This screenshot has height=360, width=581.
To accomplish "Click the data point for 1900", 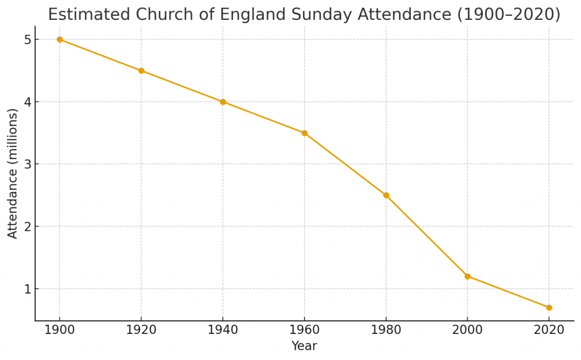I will click(60, 40).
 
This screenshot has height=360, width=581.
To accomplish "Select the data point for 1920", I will click(141, 71).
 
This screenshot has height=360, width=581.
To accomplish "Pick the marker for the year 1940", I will click(223, 102).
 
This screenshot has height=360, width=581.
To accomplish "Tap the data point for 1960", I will click(305, 133).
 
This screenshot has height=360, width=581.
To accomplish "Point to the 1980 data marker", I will click(386, 195).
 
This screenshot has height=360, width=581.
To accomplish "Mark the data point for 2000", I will click(468, 276).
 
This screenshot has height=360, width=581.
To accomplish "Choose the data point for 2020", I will click(549, 307).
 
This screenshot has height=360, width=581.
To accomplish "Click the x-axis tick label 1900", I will click(60, 330).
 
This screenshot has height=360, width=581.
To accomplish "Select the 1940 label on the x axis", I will click(223, 330).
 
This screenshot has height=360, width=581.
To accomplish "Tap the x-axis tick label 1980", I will click(386, 330).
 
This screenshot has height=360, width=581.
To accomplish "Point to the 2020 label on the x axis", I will click(549, 330).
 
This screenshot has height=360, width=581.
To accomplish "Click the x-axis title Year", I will click(304, 346).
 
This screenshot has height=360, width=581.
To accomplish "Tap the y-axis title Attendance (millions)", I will click(13, 173).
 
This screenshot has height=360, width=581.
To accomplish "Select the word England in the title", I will click(249, 15).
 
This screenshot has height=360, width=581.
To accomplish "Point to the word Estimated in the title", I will click(82, 15).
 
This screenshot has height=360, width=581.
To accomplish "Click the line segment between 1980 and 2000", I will click(427, 236).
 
